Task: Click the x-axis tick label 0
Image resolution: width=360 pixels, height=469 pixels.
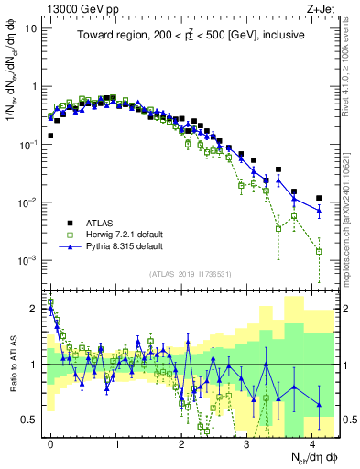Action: click(50, 442)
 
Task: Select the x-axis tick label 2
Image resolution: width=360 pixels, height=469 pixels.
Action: click(181, 442)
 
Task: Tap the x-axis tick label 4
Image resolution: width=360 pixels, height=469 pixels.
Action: click(312, 442)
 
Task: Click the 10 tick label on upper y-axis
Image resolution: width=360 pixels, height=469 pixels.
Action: click(30, 27)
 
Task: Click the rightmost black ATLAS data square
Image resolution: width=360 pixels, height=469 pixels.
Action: click(319, 198)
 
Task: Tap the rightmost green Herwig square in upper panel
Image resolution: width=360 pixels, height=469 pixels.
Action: click(319, 251)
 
